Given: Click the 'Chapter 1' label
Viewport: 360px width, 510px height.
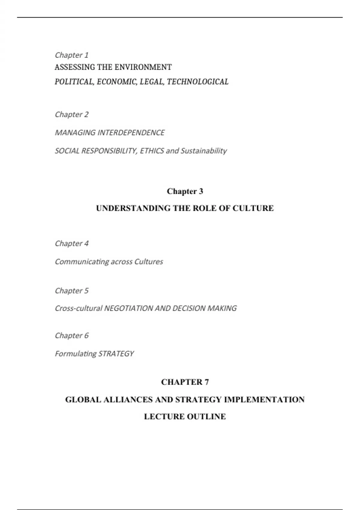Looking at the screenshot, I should tap(71, 55).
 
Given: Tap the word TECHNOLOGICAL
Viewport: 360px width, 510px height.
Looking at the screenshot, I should tap(198, 82).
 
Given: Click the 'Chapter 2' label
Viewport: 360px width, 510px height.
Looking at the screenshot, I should tap(71, 115).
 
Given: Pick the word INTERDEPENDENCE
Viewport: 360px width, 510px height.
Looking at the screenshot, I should tap(131, 133).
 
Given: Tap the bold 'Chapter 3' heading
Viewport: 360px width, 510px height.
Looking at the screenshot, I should tap(185, 191).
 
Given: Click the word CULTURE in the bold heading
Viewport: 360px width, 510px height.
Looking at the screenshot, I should tap(253, 208).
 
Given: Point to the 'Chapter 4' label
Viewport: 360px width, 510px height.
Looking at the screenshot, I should tap(71, 244).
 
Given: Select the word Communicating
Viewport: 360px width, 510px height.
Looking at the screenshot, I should tap(82, 262).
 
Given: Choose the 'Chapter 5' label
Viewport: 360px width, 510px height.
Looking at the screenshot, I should tap(71, 291).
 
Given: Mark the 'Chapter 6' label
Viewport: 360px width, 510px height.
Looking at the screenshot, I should tap(71, 335).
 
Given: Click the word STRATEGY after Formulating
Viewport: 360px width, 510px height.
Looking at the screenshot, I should tap(116, 354).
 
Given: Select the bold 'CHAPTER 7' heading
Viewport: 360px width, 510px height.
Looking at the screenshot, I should tap(185, 382).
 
